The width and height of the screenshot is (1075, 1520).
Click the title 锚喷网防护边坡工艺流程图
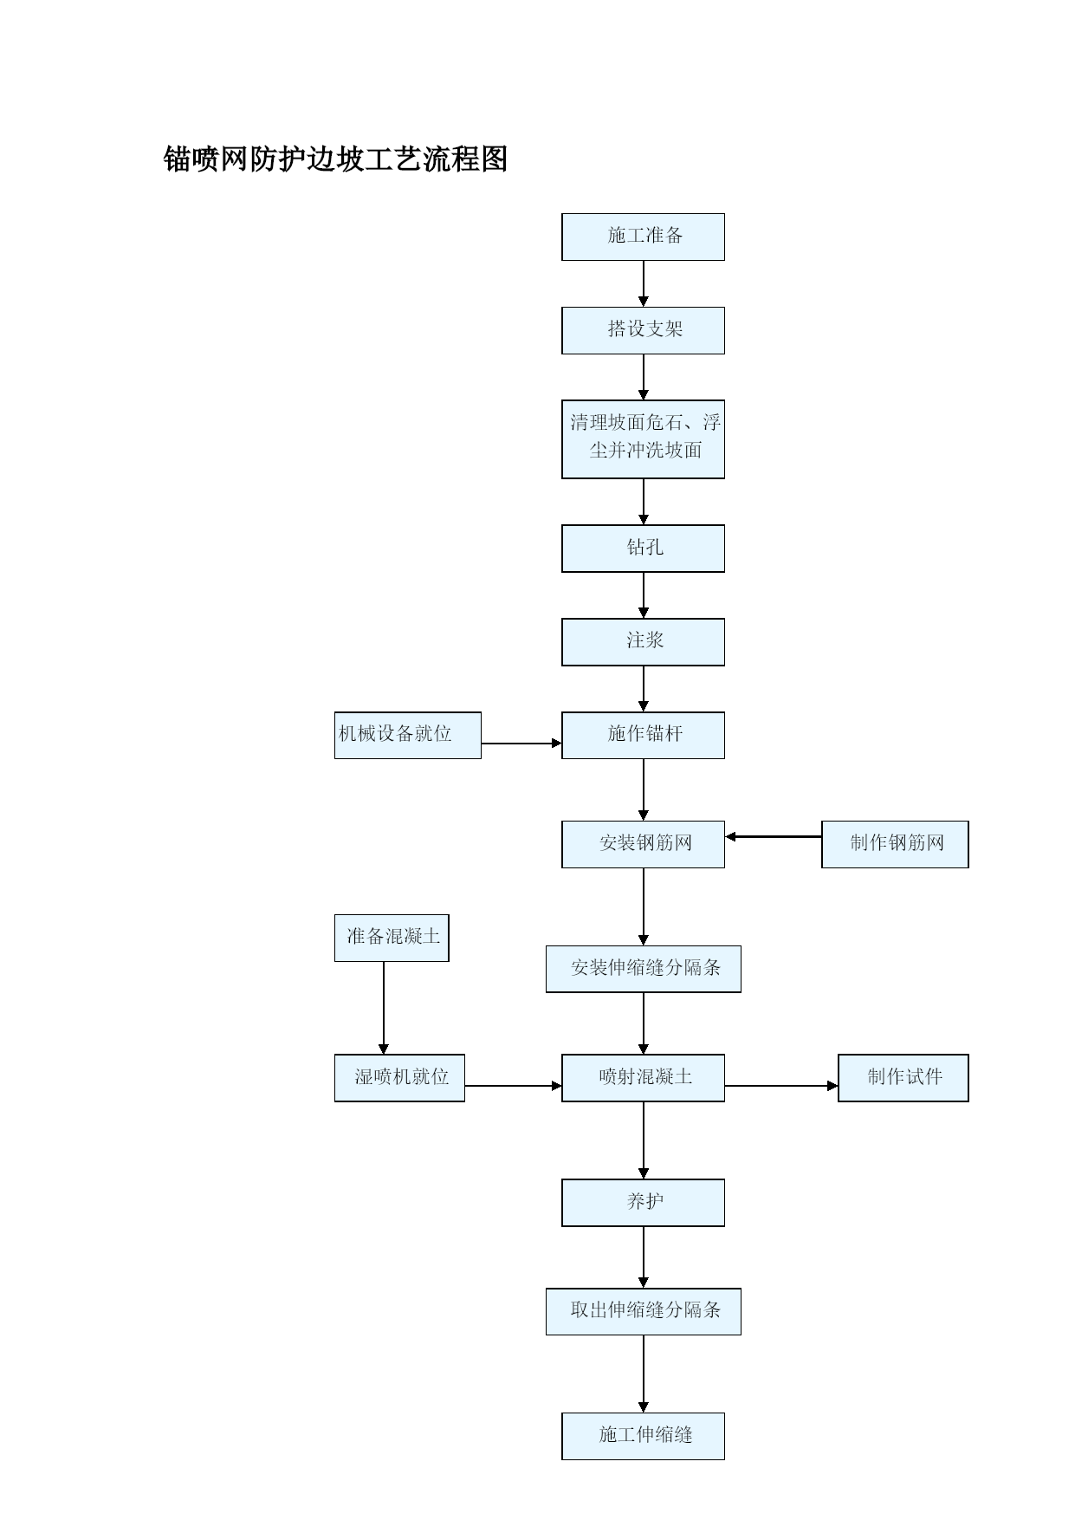pyautogui.click(x=336, y=159)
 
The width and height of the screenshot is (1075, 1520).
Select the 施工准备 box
pyautogui.click(x=643, y=237)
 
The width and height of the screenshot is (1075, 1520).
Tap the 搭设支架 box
pyautogui.click(x=643, y=330)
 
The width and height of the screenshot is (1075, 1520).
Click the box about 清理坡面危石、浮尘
pyautogui.click(x=643, y=439)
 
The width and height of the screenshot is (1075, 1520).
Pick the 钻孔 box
pyautogui.click(x=643, y=549)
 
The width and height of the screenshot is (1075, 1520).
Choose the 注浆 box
pyautogui.click(x=643, y=642)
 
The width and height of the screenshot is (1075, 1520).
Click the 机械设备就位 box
pyautogui.click(x=408, y=736)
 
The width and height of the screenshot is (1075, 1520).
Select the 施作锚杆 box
pyautogui.click(x=643, y=736)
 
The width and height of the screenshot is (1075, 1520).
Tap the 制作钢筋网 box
pyautogui.click(x=895, y=845)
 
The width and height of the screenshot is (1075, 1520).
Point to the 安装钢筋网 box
pyautogui.click(x=643, y=845)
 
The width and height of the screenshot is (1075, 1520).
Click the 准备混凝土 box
pyautogui.click(x=392, y=939)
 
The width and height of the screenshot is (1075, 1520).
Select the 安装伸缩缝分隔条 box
pyautogui.click(x=643, y=970)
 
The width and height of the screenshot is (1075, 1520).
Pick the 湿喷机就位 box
pyautogui.click(x=399, y=1078)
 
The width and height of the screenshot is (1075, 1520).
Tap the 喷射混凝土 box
pyautogui.click(x=643, y=1078)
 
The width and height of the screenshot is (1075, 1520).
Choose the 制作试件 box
pyautogui.click(x=903, y=1078)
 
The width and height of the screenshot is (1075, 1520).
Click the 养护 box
pyautogui.click(x=643, y=1203)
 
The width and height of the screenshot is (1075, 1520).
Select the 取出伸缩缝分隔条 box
pyautogui.click(x=643, y=1312)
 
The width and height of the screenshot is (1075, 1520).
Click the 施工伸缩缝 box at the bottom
pyautogui.click(x=643, y=1437)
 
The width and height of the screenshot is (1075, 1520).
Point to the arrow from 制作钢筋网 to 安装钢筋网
pyautogui.click(x=774, y=837)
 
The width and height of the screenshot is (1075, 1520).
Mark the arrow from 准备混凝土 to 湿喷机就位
pyautogui.click(x=384, y=1008)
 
